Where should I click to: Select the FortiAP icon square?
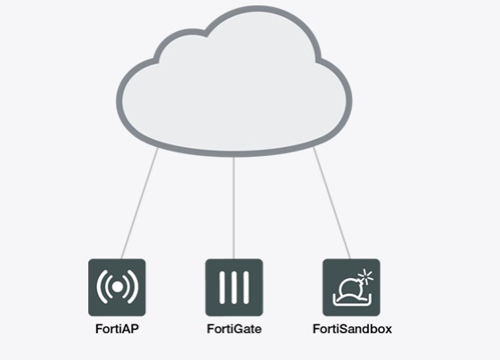(x=117, y=287)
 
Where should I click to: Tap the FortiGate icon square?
(x=234, y=287)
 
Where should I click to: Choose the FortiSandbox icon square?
(x=351, y=287)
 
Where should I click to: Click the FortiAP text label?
(x=117, y=329)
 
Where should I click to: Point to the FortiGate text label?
(x=234, y=329)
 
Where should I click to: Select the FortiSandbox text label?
(x=352, y=329)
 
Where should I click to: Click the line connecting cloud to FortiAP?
(x=139, y=203)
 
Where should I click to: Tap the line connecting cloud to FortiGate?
(x=234, y=208)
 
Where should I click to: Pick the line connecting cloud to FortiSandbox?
(x=332, y=203)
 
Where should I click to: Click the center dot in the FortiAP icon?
(x=117, y=287)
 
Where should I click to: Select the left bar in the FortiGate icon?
(x=222, y=287)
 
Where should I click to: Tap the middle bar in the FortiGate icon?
(x=234, y=287)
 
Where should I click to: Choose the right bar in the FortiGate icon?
(x=246, y=287)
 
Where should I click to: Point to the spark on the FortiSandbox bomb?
(x=366, y=276)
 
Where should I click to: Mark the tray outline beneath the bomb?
(x=352, y=303)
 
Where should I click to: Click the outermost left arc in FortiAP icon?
(x=101, y=287)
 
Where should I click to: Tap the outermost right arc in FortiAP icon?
(x=134, y=287)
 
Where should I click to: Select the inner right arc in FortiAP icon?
(x=127, y=287)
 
